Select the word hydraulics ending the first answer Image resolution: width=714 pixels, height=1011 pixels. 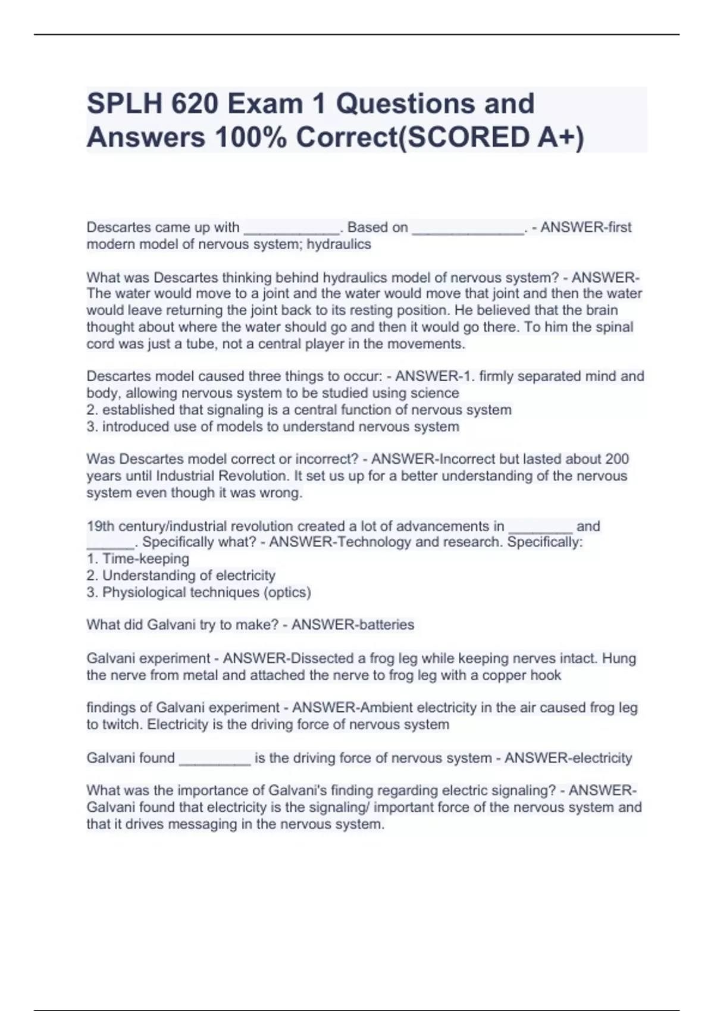(x=339, y=244)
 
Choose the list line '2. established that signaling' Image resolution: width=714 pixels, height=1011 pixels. (x=299, y=410)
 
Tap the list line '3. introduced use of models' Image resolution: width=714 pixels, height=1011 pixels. (x=273, y=426)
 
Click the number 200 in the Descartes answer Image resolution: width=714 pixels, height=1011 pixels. (x=617, y=459)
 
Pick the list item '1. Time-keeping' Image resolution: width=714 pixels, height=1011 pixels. (x=138, y=559)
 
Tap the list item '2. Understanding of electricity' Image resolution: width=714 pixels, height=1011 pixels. (x=181, y=576)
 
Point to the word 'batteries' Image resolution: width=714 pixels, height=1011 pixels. (x=383, y=625)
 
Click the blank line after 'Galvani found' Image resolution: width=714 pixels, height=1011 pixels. (x=215, y=759)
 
